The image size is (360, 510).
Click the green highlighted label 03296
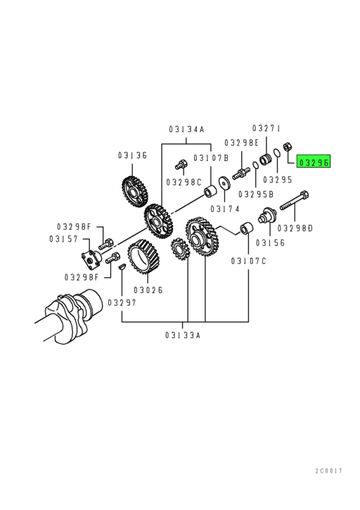click(313, 162)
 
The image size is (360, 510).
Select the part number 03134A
click(186, 129)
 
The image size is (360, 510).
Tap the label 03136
click(132, 155)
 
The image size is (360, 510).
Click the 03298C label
click(184, 182)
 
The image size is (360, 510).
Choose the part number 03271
click(266, 129)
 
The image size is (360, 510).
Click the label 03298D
click(295, 228)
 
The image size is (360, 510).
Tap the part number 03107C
click(249, 261)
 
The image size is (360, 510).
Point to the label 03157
click(63, 238)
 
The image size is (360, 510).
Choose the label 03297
click(122, 302)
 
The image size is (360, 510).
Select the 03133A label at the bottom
click(183, 335)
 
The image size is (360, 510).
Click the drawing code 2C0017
click(328, 470)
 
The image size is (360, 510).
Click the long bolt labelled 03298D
click(294, 204)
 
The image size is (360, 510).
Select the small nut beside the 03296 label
click(287, 155)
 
